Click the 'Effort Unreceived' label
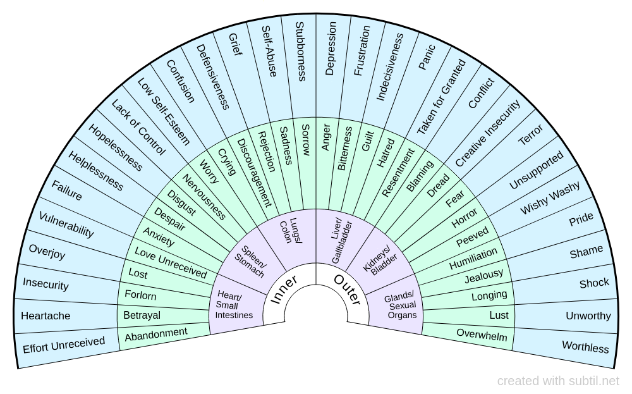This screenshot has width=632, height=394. (x=64, y=345)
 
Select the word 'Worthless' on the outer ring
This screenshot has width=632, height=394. (x=585, y=347)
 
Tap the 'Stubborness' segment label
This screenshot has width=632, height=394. (x=301, y=52)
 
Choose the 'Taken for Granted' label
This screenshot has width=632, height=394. (x=442, y=96)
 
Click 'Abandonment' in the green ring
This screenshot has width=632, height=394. (x=156, y=334)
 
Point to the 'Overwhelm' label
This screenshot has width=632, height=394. (x=482, y=335)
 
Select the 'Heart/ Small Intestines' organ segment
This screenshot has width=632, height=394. (x=234, y=305)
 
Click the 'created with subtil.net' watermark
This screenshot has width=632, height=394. (x=558, y=381)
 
